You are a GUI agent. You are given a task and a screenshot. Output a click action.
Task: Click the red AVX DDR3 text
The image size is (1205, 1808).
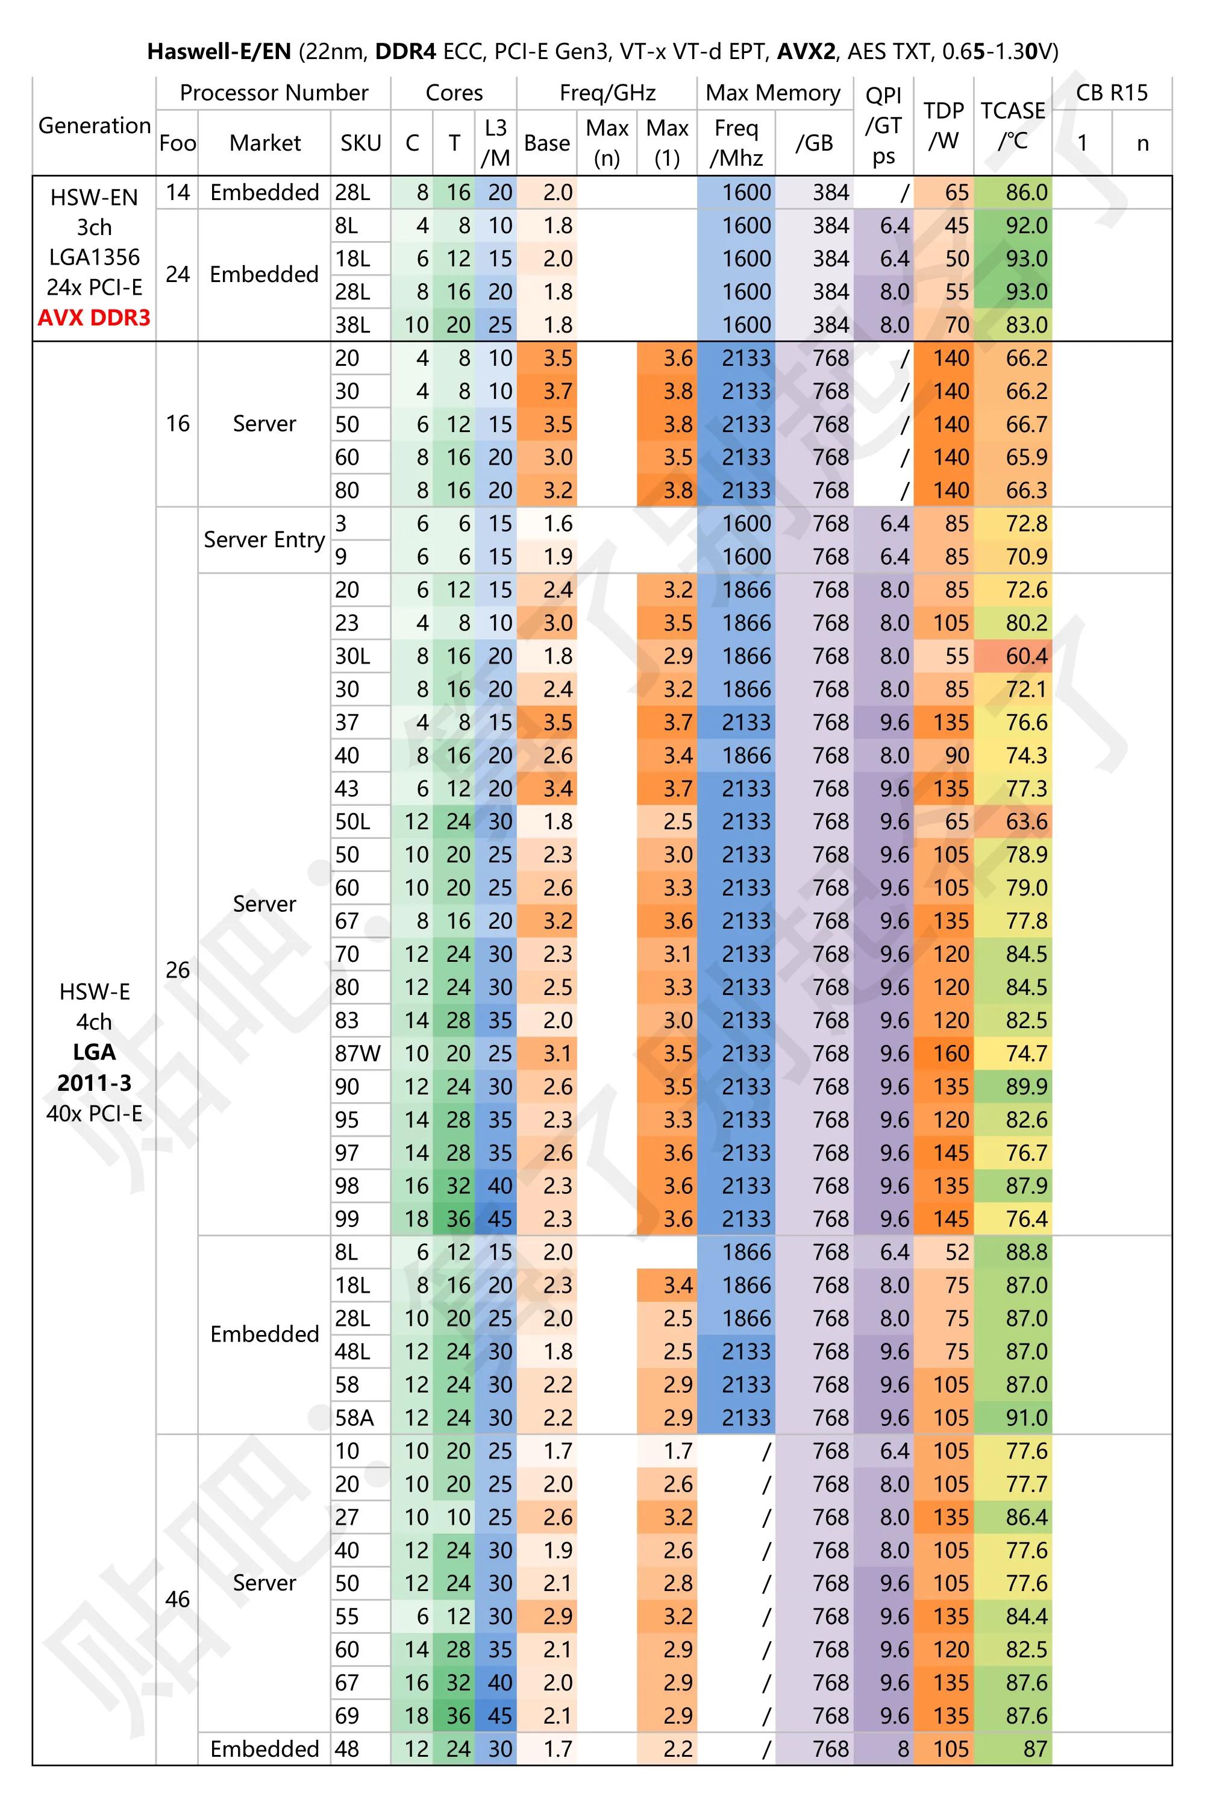click(x=94, y=318)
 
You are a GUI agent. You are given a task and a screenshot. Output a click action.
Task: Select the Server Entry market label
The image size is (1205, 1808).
click(x=264, y=539)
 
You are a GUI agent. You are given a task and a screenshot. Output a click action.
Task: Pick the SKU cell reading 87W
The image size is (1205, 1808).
click(x=357, y=1053)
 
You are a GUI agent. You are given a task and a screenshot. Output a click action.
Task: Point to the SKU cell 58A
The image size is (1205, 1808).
click(x=354, y=1417)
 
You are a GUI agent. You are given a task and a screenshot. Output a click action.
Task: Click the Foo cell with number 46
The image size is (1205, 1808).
click(x=178, y=1599)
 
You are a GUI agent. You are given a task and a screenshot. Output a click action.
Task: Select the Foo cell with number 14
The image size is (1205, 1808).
click(x=178, y=192)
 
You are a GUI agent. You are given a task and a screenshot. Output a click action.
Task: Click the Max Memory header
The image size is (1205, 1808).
click(x=773, y=93)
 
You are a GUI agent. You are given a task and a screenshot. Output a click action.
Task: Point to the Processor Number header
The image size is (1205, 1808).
click(x=274, y=93)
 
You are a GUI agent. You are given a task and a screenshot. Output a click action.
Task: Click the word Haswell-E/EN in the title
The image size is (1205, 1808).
click(x=219, y=51)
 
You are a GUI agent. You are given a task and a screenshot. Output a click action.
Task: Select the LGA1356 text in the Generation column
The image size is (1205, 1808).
click(x=94, y=257)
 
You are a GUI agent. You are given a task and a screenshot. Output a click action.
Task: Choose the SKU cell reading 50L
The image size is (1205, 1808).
click(x=352, y=821)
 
